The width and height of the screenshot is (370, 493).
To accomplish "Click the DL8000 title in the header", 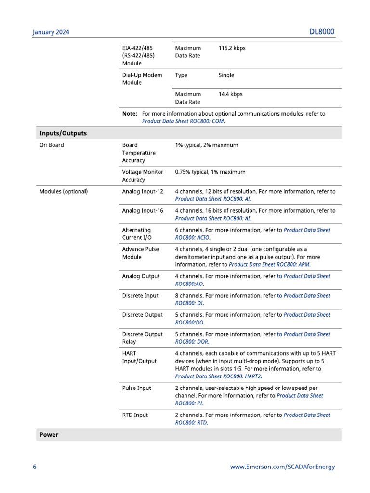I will click(321, 32).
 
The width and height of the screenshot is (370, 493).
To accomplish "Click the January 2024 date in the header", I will click(51, 32).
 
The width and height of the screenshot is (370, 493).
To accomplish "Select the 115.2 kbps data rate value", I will click(232, 48).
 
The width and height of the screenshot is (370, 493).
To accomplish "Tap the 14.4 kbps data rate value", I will click(230, 94).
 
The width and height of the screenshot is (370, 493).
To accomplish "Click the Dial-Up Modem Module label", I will click(142, 79).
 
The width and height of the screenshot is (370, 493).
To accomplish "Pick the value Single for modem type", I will click(226, 75).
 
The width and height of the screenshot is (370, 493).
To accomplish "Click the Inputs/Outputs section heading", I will click(63, 133).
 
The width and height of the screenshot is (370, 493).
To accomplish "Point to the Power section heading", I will click(49, 435).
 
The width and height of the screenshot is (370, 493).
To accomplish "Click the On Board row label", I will click(52, 145).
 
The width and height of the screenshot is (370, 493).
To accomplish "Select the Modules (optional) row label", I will click(64, 192).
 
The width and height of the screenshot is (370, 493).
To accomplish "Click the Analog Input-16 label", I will click(143, 211).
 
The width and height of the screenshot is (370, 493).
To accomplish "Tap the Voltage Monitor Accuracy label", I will click(143, 176).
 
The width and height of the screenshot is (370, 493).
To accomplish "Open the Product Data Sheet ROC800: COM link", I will click(183, 121).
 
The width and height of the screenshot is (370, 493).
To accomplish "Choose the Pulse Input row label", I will click(136, 388).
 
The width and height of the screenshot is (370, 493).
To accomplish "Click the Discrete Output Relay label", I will click(142, 338).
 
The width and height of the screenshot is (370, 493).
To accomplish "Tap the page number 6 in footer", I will click(34, 467).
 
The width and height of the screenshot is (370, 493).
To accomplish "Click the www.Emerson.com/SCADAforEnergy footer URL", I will click(282, 467).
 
